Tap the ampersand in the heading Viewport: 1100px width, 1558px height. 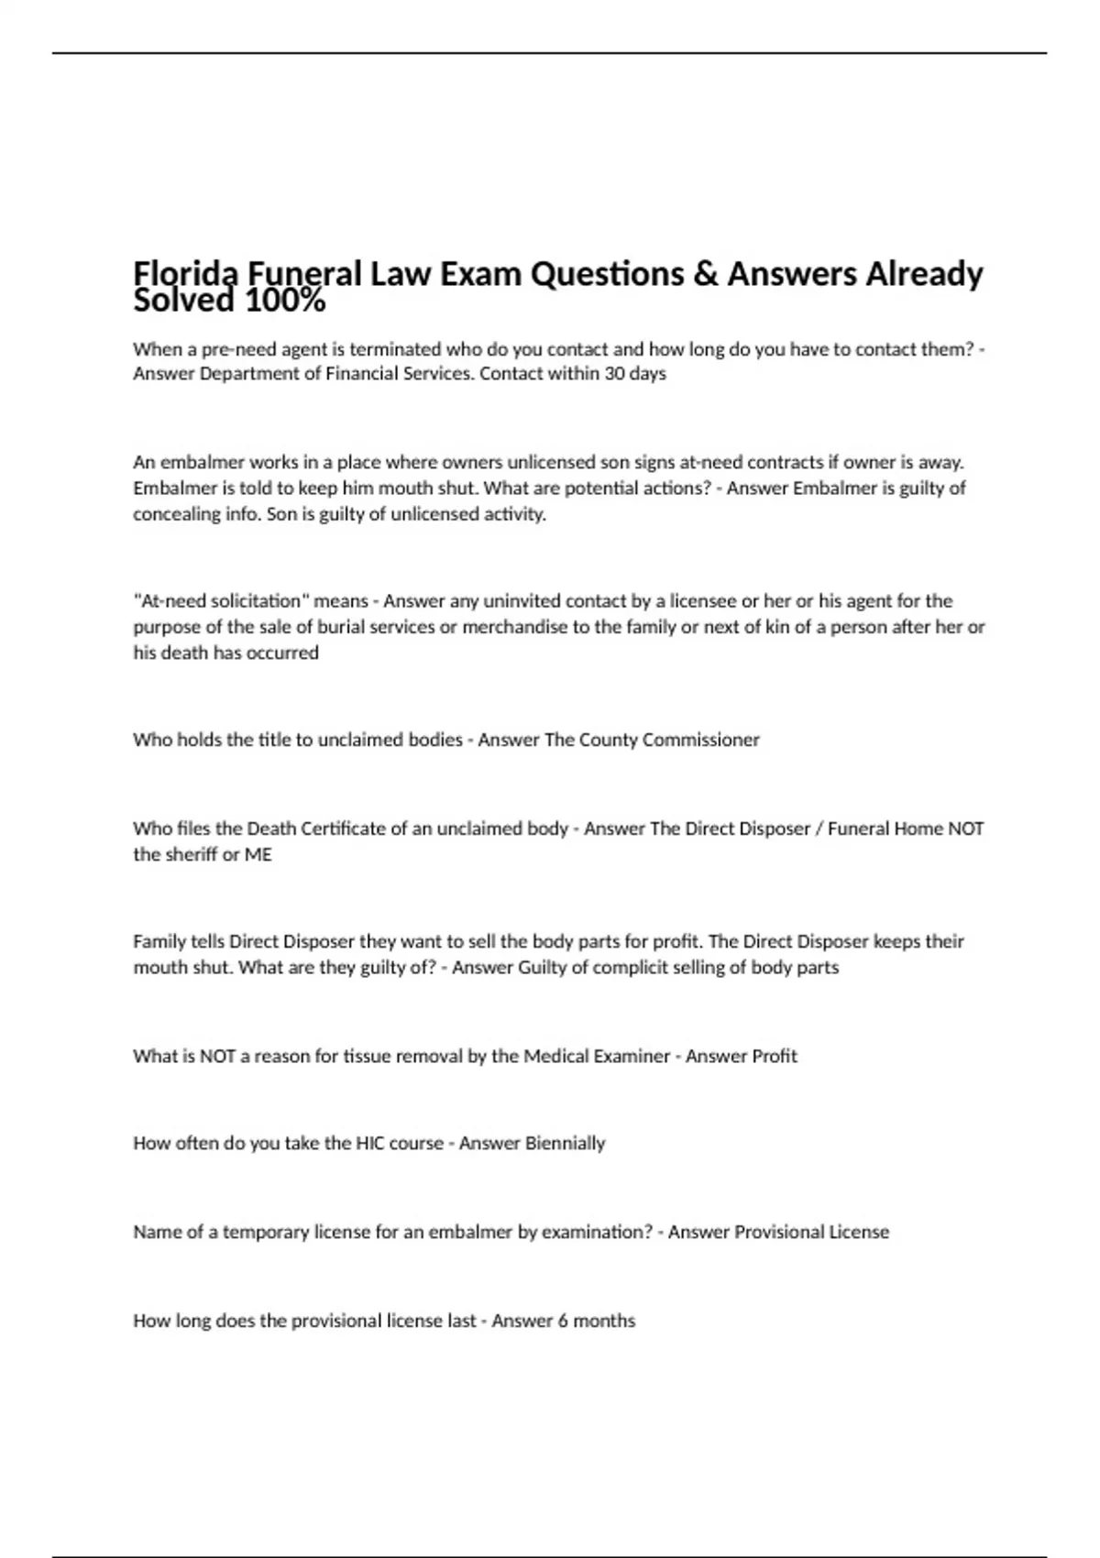coord(705,273)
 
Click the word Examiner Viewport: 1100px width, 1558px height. coord(631,1056)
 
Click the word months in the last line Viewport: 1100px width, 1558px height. coord(604,1321)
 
